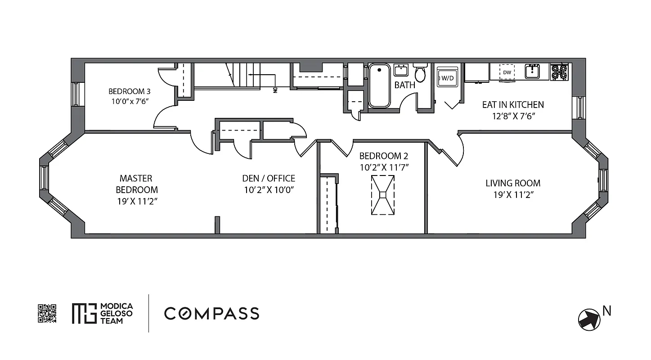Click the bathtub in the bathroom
click(x=379, y=86)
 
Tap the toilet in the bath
click(x=420, y=73)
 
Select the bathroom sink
click(x=400, y=70)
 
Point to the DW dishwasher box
click(x=507, y=72)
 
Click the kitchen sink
click(x=534, y=71)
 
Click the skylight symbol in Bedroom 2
click(x=382, y=195)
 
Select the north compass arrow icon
click(x=589, y=319)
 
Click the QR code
click(x=47, y=313)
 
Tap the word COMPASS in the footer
click(x=211, y=313)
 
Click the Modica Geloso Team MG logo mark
click(x=84, y=313)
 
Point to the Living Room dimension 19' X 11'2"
click(x=513, y=195)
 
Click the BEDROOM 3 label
click(x=130, y=91)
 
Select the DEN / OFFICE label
click(x=269, y=178)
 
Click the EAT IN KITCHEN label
click(x=513, y=104)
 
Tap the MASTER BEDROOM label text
click(x=136, y=184)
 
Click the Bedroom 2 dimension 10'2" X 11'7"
click(x=383, y=167)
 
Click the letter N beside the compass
click(x=607, y=310)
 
